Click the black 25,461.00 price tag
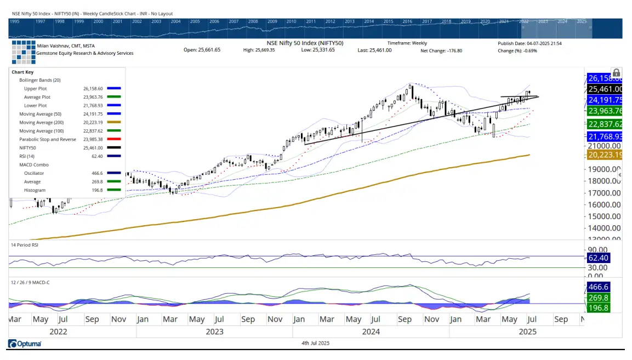pyautogui.click(x=605, y=89)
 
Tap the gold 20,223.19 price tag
pyautogui.click(x=605, y=156)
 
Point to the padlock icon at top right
pyautogui.click(x=616, y=73)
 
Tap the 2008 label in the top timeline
pyautogui.click(x=253, y=21)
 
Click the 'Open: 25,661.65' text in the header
pyautogui.click(x=202, y=50)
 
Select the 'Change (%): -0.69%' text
pyautogui.click(x=517, y=50)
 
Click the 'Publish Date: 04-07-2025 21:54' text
pyautogui.click(x=529, y=43)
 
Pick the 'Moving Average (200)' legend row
pyautogui.click(x=39, y=122)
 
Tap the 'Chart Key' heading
pyautogui.click(x=22, y=72)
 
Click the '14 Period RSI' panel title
pyautogui.click(x=25, y=245)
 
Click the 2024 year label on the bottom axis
pyautogui.click(x=371, y=332)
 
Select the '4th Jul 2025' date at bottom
pyautogui.click(x=315, y=343)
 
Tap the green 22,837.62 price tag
pyautogui.click(x=605, y=124)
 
